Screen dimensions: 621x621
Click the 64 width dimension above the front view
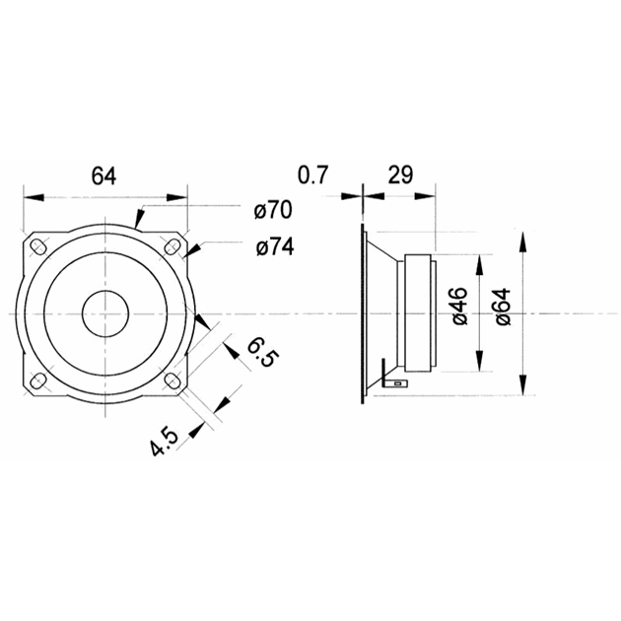[x=104, y=176]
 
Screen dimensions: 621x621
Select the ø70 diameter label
[x=273, y=210]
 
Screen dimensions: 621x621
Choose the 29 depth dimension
[x=399, y=176]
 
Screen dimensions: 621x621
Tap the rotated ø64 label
[x=501, y=308]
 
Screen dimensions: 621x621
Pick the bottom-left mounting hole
[x=38, y=380]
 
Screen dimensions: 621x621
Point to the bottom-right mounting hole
[x=172, y=380]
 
